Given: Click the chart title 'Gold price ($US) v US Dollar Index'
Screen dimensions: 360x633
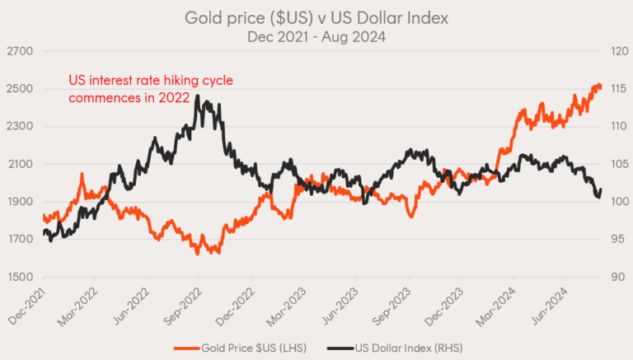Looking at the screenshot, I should (x=316, y=17).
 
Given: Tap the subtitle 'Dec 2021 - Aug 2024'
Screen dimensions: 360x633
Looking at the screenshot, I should (x=316, y=36).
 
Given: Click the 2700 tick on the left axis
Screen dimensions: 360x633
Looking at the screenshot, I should (x=19, y=52).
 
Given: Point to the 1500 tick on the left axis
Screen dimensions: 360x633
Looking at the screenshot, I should (x=19, y=277).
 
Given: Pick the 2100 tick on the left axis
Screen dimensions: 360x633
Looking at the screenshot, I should (x=19, y=164).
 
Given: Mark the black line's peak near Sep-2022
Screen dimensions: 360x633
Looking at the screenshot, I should (x=198, y=99).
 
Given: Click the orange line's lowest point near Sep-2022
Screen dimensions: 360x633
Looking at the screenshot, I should (x=198, y=253).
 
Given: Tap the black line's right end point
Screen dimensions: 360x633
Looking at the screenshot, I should (x=602, y=189).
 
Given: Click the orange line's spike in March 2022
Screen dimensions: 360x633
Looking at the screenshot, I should (x=82, y=175).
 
